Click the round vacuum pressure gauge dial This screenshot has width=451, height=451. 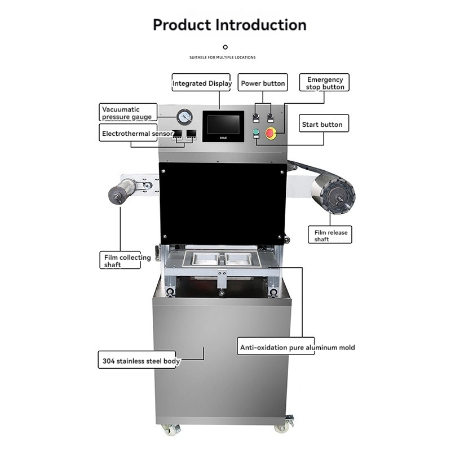coord(184,117)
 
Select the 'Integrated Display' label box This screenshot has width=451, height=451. coord(202,83)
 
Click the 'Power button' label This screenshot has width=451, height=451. coord(263,83)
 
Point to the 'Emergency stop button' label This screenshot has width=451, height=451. coord(325,83)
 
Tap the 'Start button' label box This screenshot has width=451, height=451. coord(321,125)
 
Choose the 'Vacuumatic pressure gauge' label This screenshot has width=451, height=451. coord(127,113)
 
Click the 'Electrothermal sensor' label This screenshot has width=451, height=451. coord(137,134)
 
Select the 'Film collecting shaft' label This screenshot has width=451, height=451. coord(121,261)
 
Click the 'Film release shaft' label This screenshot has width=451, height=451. coord(331,236)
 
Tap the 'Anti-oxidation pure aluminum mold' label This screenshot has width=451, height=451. coord(297,347)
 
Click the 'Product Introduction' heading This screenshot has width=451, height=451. coord(229,25)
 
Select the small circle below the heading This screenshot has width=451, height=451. coord(225,47)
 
